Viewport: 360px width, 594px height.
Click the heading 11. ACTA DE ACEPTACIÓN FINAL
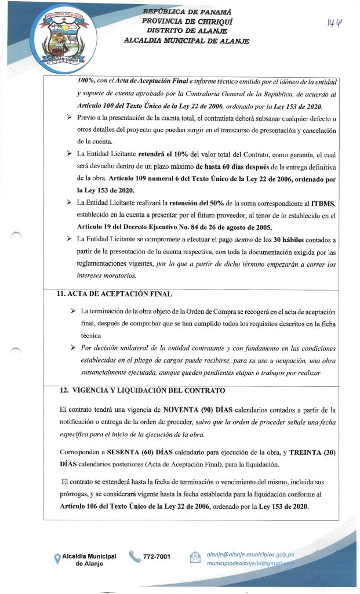point(110,294)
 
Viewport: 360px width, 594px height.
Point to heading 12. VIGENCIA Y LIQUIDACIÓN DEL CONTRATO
point(137,389)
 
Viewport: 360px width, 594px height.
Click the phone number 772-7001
point(157,557)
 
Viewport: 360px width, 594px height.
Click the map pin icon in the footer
point(57,559)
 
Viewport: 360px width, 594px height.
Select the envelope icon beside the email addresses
point(194,558)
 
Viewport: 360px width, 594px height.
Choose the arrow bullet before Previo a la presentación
point(70,118)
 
